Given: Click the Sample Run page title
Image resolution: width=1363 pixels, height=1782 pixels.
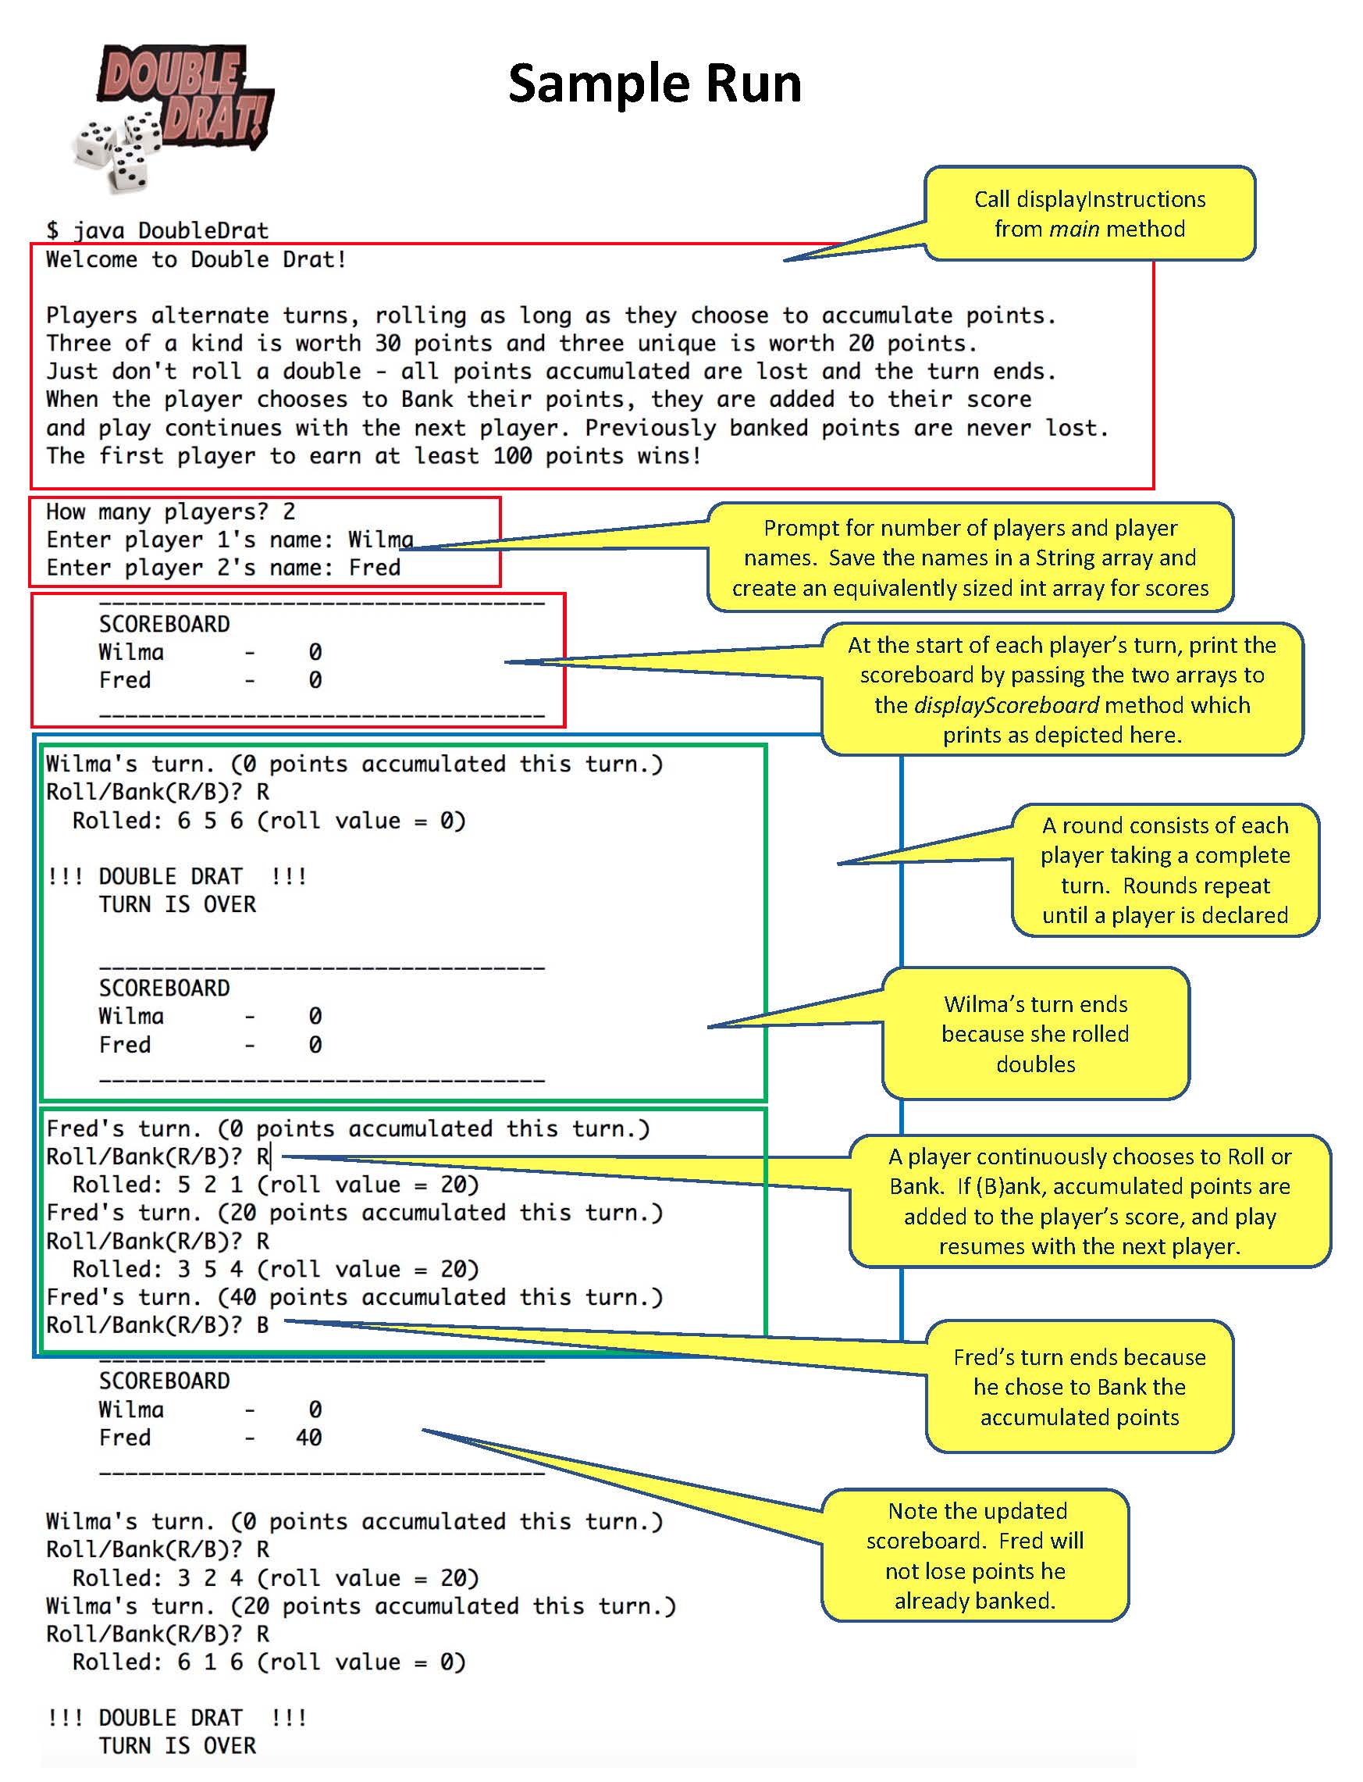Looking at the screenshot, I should pos(654,84).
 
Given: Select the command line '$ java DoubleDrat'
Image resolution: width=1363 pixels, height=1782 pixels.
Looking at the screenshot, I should pos(157,230).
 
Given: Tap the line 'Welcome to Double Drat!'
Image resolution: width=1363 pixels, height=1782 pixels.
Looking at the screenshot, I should pos(195,260).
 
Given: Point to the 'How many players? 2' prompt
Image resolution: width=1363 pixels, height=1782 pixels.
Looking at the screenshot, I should pos(170,512).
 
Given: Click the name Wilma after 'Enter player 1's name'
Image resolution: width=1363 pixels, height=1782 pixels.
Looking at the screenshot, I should pos(380,540).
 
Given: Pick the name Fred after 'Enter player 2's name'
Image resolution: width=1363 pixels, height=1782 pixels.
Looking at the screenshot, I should pos(374,568).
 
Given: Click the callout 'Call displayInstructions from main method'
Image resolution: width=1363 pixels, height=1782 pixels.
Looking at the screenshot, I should pos(1089,214).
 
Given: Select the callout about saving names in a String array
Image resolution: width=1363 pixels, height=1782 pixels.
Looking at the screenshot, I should pos(970,558).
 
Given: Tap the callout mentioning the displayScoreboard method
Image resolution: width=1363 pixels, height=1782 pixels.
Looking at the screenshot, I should pos(1061,690).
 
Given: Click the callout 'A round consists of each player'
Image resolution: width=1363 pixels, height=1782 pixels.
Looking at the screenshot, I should pos(1164,870).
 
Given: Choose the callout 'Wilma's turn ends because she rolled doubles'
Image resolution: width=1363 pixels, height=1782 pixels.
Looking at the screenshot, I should pos(1035,1034).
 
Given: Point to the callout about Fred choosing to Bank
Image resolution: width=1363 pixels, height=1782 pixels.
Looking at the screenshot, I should pos(1079,1387).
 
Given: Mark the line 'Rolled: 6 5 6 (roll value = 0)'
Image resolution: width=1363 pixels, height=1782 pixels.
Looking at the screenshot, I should pos(269,821).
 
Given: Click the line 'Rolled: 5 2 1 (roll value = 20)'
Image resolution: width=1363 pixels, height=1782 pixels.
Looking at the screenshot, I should pos(275,1185).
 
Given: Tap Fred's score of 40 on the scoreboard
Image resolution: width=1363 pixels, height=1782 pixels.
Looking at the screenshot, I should pos(308,1438).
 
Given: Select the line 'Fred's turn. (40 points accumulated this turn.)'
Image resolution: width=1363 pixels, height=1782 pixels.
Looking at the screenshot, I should pos(354,1298).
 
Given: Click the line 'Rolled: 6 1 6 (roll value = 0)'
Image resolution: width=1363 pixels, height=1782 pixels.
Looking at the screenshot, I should pos(269,1662).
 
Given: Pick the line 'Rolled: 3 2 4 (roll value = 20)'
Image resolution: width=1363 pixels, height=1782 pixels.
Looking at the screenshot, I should pos(275,1577).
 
